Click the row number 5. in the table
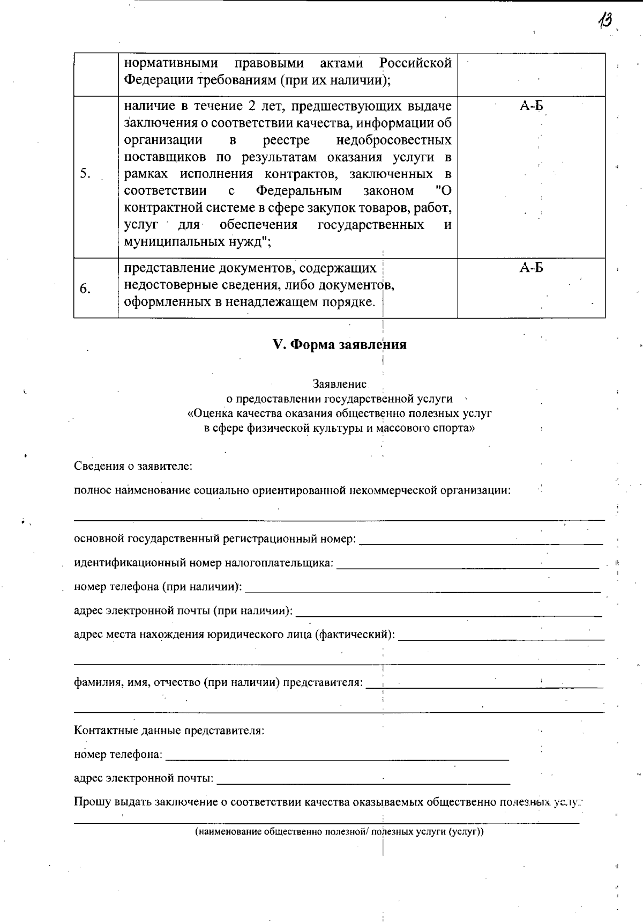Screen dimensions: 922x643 click(85, 173)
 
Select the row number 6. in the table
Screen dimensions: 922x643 click(85, 289)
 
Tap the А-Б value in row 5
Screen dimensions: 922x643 click(531, 106)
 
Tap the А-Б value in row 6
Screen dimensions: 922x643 click(531, 268)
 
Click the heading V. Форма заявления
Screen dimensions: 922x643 click(340, 344)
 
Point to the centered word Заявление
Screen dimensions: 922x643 click(340, 384)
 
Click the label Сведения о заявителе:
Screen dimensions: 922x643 click(133, 466)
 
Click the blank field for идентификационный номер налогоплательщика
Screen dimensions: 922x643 click(467, 566)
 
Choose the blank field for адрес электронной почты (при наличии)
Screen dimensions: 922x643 click(448, 615)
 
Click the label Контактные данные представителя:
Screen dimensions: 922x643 click(169, 731)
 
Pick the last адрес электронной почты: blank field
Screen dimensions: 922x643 click(363, 783)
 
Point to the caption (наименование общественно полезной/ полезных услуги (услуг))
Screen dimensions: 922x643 click(339, 832)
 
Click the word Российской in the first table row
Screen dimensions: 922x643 click(415, 63)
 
